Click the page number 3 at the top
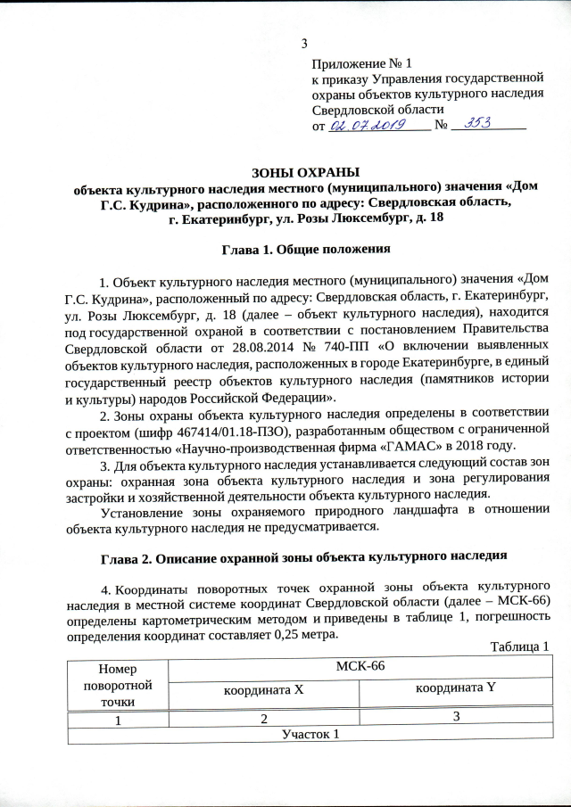(x=305, y=45)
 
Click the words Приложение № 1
(x=361, y=64)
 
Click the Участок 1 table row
(x=310, y=735)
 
